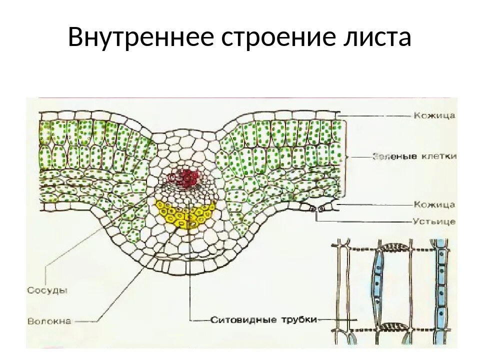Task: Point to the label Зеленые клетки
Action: click(414, 156)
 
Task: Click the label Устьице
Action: click(434, 221)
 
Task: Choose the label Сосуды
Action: click(47, 290)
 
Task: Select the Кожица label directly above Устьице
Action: click(434, 204)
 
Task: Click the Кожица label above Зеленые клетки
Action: click(434, 115)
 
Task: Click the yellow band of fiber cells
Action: click(185, 214)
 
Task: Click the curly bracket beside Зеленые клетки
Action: click(346, 156)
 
